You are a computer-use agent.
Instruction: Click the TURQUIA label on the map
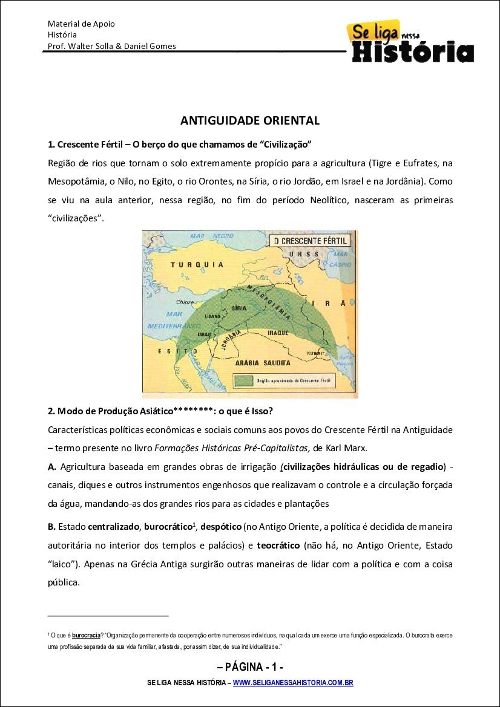click(197, 264)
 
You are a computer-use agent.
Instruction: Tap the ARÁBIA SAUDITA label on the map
click(266, 363)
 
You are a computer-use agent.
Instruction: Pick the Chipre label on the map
click(185, 302)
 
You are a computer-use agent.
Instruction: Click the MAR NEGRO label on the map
click(212, 235)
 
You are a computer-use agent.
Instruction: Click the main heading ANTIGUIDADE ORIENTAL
click(249, 120)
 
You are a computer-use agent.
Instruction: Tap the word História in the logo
click(413, 51)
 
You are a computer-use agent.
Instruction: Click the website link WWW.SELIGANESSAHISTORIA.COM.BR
click(293, 683)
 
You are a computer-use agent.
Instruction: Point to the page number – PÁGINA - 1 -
click(250, 668)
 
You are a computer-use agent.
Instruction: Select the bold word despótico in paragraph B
click(221, 527)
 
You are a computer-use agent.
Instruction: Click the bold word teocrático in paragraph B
click(278, 546)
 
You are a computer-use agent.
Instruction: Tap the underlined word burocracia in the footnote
click(86, 636)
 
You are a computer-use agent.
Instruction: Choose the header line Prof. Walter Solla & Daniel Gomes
click(112, 46)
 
